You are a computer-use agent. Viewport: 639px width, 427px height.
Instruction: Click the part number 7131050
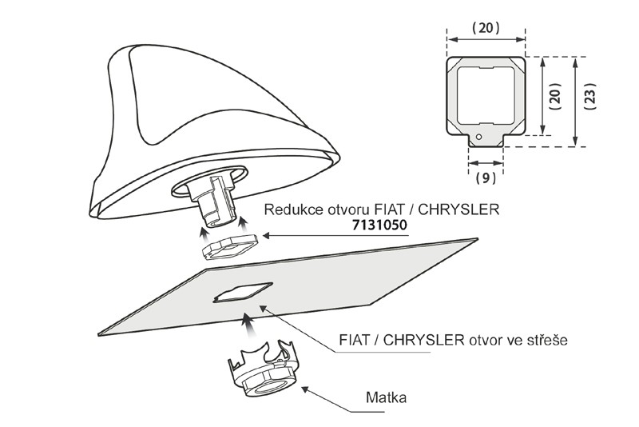point(379,225)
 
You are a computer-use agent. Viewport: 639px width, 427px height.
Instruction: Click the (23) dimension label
point(589,101)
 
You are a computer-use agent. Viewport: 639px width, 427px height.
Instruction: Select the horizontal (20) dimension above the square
point(486,27)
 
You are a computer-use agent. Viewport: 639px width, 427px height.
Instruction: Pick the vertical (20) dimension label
point(556,101)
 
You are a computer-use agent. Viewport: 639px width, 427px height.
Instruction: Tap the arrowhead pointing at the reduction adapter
point(267,236)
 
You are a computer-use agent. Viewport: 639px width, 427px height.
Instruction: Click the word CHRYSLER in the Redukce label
point(460,210)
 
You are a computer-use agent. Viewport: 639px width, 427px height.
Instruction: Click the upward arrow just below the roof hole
point(248,323)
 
